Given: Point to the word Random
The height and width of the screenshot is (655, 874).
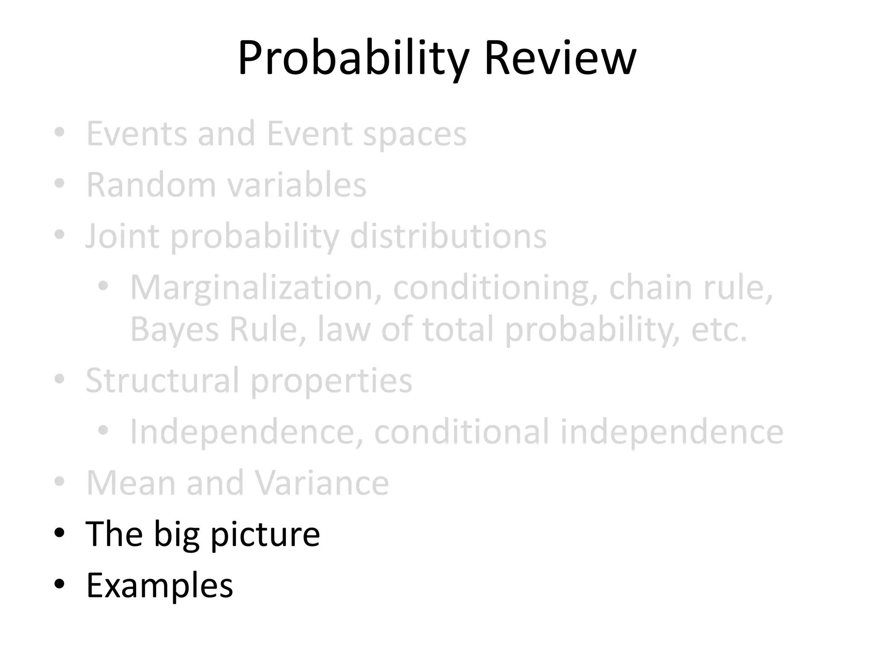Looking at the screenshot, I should [151, 185].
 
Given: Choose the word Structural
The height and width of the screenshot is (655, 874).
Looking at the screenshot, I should [162, 380].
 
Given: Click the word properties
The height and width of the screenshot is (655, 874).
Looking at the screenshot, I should [331, 381].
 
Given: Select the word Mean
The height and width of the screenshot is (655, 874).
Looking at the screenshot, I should [131, 483].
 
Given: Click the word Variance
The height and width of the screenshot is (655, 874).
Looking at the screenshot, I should [322, 483].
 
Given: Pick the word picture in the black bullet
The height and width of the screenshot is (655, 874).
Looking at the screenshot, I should [265, 535].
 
